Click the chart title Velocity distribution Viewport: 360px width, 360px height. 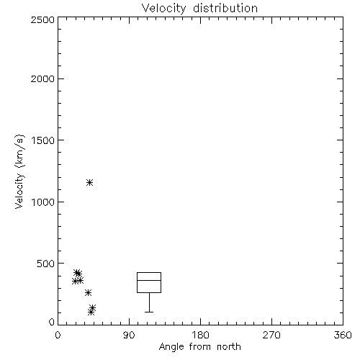click(199, 8)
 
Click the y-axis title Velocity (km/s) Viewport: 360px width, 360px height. click(19, 171)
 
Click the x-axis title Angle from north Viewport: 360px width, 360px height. click(199, 346)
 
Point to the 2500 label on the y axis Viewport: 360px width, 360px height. click(42, 19)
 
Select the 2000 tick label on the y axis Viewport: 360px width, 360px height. click(42, 78)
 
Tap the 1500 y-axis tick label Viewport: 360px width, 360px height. click(43, 140)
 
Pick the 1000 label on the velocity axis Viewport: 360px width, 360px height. click(43, 202)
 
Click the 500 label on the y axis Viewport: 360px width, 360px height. click(46, 264)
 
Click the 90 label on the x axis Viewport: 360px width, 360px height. click(129, 335)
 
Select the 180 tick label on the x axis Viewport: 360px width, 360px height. click(200, 335)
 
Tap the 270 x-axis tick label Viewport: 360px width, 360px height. click(271, 335)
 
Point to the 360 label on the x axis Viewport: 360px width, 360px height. click(343, 335)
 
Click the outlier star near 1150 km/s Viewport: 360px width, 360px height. click(89, 183)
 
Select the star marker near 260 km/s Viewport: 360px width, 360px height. click(88, 292)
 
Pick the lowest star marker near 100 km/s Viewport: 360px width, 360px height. click(91, 312)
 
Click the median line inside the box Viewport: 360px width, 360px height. click(149, 280)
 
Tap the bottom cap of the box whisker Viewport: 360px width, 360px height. click(149, 312)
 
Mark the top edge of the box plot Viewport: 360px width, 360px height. click(149, 272)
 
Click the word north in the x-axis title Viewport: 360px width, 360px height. click(229, 346)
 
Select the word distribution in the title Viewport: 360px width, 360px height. click(225, 8)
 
